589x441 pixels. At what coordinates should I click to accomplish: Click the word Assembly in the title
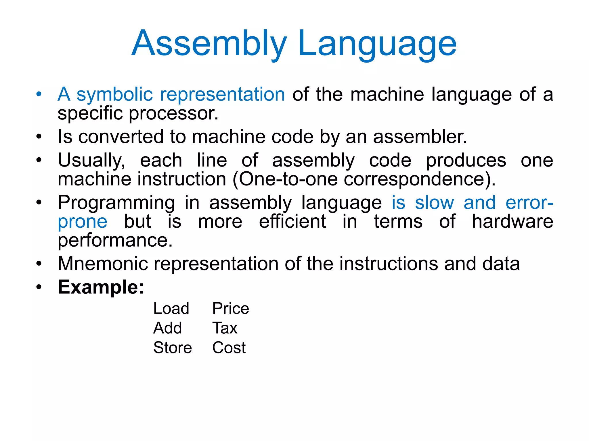pyautogui.click(x=209, y=44)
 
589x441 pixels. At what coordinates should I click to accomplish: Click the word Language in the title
pyautogui.click(x=377, y=44)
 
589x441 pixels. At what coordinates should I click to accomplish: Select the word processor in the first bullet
pyautogui.click(x=173, y=113)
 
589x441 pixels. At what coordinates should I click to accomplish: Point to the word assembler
pyautogui.click(x=420, y=136)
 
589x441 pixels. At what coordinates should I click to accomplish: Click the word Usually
pyautogui.click(x=91, y=160)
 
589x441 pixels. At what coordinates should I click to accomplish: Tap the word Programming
pyautogui.click(x=116, y=203)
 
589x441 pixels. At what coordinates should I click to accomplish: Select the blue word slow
pyautogui.click(x=434, y=203)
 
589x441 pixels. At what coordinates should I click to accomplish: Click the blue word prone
pyautogui.click(x=83, y=222)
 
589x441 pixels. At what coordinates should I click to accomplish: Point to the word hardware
pyautogui.click(x=512, y=222)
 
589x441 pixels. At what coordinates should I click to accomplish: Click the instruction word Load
pyautogui.click(x=171, y=309)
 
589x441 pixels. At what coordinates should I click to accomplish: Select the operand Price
pyautogui.click(x=230, y=309)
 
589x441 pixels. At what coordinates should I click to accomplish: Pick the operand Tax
pyautogui.click(x=225, y=328)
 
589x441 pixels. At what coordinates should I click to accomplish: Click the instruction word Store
pyautogui.click(x=173, y=348)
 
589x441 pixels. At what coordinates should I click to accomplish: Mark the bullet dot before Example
pyautogui.click(x=39, y=287)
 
